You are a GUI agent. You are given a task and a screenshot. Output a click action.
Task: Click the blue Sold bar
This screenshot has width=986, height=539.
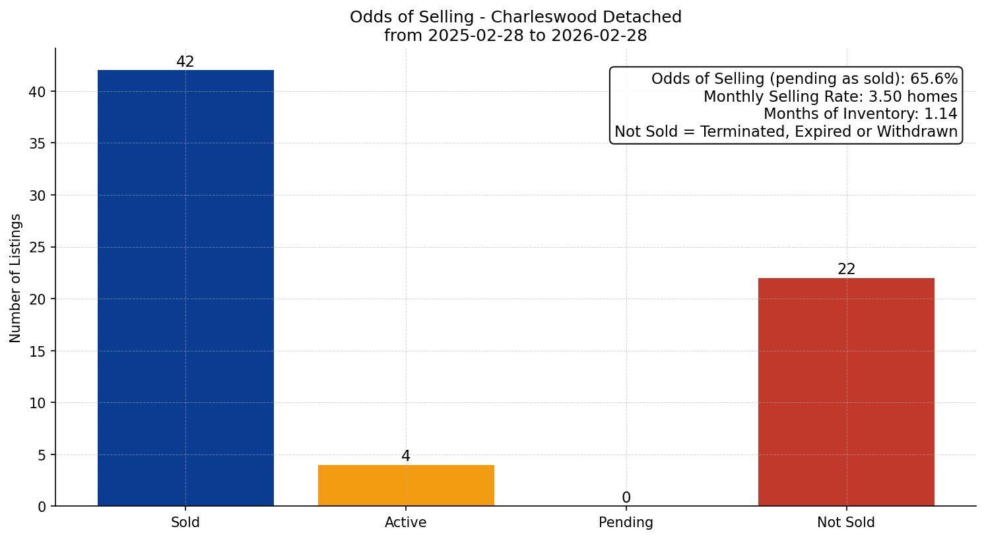[x=185, y=288]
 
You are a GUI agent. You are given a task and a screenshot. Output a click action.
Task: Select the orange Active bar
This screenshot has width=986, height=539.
[x=406, y=485]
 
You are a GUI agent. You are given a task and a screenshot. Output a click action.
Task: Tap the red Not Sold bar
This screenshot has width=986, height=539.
[x=846, y=392]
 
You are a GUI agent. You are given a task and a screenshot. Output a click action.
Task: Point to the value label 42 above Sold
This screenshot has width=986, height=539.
[x=185, y=62]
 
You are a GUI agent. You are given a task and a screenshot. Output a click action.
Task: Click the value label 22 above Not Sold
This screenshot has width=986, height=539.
[x=846, y=269]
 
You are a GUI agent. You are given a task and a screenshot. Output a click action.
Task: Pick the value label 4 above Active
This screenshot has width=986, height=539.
[x=406, y=456]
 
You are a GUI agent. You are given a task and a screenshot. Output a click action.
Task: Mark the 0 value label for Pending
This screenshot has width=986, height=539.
[x=626, y=498]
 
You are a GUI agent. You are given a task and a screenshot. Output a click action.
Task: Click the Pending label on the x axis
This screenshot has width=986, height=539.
[x=626, y=522]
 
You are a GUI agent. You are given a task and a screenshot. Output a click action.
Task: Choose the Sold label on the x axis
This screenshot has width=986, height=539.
[x=185, y=522]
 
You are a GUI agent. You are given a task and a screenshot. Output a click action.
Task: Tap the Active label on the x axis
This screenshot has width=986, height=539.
[x=406, y=522]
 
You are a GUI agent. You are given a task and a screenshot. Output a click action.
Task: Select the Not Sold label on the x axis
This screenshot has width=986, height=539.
[x=846, y=522]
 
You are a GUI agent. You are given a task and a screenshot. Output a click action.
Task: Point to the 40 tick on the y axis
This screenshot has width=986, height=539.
[x=38, y=92]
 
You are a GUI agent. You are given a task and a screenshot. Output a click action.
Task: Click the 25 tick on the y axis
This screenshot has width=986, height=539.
[x=38, y=248]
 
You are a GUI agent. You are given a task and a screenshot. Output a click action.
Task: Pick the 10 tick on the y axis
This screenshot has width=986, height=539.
[x=38, y=403]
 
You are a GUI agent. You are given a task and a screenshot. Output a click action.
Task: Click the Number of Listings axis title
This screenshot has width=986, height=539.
[x=16, y=278]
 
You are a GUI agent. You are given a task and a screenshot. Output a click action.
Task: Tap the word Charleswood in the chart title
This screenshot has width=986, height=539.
[x=527, y=17]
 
